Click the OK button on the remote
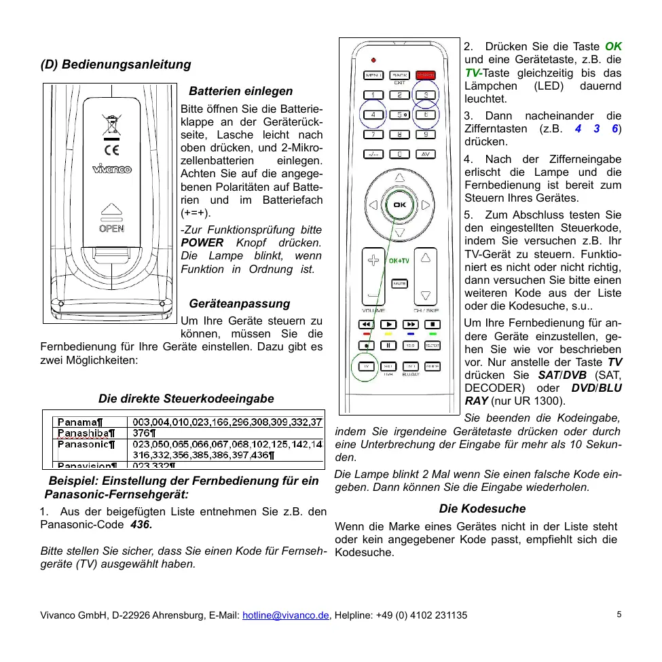click(399, 204)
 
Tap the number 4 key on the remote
click(373, 114)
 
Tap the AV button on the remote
click(426, 153)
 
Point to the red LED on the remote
click(373, 58)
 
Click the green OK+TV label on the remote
click(399, 260)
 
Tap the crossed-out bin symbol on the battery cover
click(111, 125)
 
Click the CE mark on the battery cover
click(111, 149)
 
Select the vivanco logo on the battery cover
click(112, 170)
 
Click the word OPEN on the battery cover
click(111, 228)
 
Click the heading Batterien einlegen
click(240, 91)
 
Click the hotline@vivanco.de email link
click(286, 615)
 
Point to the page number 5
click(619, 614)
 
